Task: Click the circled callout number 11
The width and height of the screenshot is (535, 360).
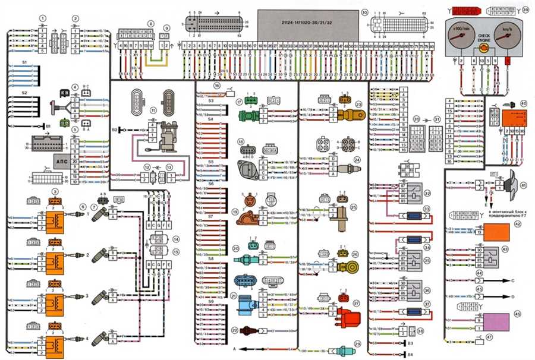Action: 153,110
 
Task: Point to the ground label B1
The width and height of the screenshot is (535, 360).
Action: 49,126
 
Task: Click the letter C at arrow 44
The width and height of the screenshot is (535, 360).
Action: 512,279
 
